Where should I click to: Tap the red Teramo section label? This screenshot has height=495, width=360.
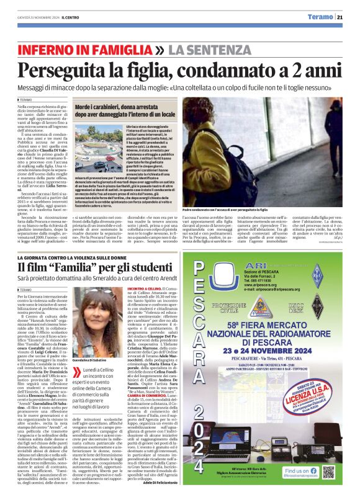click(x=309, y=17)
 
